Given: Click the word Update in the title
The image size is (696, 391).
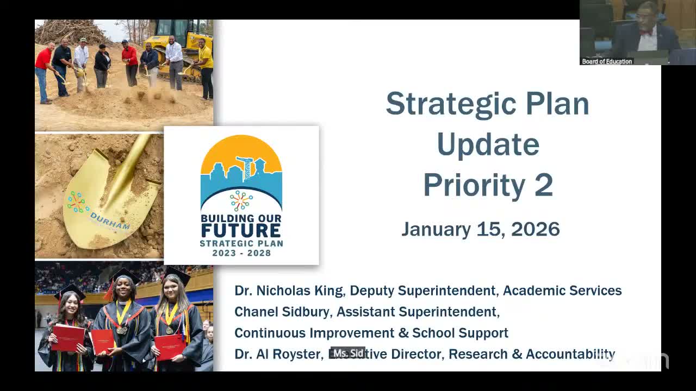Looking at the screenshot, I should point(488,144).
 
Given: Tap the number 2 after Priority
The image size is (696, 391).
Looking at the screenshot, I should point(543,185).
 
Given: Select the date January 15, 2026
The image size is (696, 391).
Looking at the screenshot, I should point(481,229).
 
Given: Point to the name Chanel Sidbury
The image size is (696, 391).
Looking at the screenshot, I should point(282,312).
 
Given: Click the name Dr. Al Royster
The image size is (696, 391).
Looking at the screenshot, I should point(277,354).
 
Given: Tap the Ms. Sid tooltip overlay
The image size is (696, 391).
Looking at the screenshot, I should point(348,354).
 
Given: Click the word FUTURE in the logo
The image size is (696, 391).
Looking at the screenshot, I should point(241,230).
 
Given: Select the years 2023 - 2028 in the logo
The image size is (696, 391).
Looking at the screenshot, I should point(241,253).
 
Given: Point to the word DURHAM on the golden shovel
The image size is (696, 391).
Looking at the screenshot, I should point(110,220).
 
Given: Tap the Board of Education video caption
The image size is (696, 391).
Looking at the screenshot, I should point(607,61).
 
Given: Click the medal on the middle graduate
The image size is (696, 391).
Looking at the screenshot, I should point(122,330).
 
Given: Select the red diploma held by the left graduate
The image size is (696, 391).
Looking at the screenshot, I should point(68,338).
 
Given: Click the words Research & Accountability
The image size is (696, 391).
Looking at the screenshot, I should point(531,354).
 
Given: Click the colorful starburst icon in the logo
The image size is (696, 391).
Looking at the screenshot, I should point(241,200).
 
